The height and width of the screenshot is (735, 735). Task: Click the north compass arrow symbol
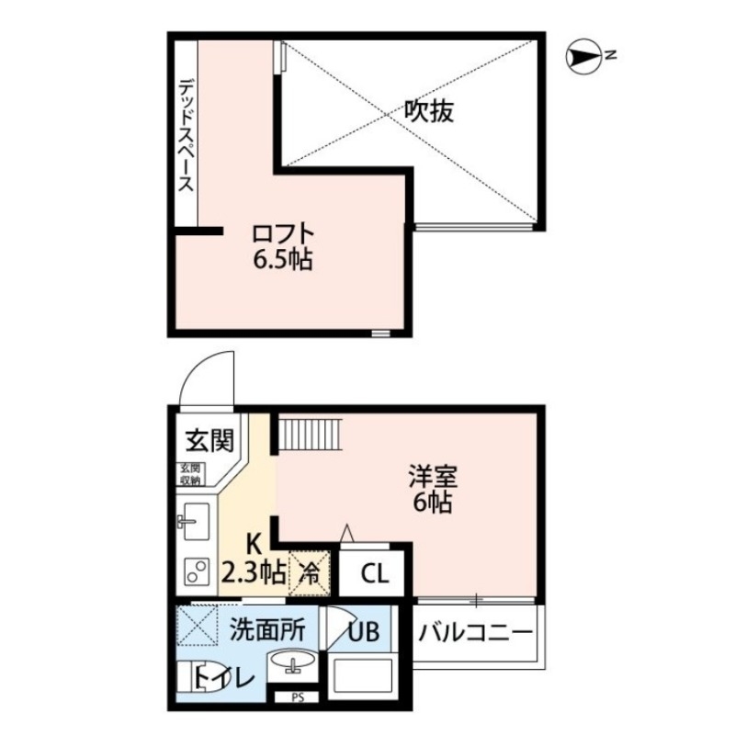(x=584, y=58)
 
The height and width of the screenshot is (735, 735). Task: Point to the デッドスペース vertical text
(x=186, y=135)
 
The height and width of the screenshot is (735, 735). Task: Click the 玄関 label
(x=209, y=443)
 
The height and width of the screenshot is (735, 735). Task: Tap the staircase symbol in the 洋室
(x=309, y=433)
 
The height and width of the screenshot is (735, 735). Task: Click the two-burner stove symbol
(x=194, y=572)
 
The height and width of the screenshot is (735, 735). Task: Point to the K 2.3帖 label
(x=252, y=562)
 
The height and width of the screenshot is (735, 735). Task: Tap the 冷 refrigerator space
(x=311, y=574)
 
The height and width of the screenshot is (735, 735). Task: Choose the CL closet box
(x=374, y=575)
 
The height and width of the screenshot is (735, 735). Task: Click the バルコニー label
(x=476, y=634)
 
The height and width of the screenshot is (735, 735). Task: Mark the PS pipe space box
(x=297, y=697)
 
